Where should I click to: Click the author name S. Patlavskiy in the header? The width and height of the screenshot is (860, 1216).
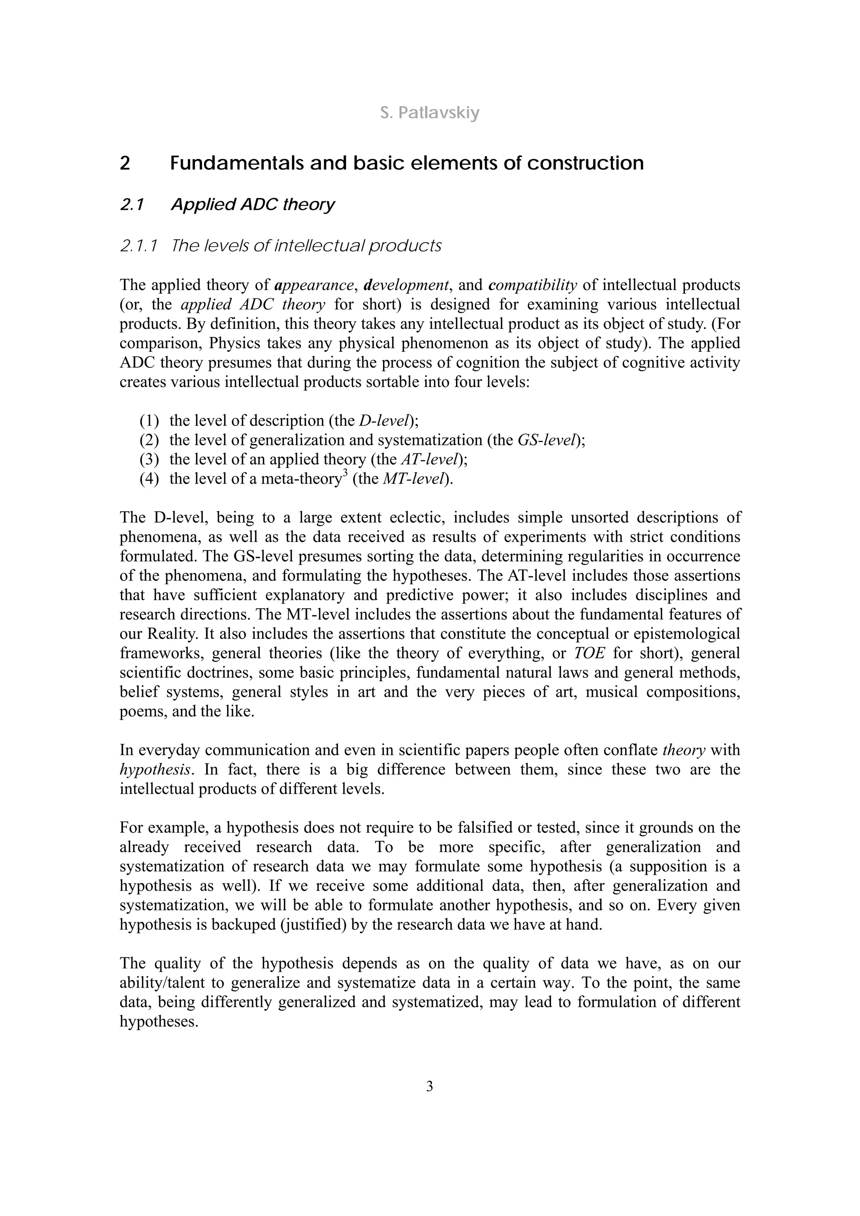[430, 113]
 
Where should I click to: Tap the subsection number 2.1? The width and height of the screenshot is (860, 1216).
[132, 204]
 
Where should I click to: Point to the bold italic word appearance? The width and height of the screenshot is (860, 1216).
[314, 285]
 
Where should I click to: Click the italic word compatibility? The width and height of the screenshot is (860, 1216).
[532, 285]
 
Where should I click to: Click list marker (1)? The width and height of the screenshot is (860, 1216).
[149, 421]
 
